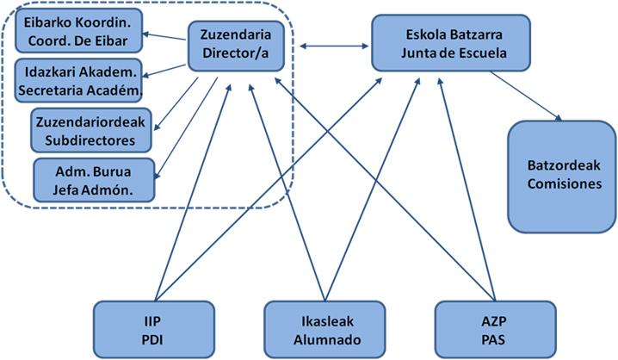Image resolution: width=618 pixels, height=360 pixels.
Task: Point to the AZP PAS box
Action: coord(481,329)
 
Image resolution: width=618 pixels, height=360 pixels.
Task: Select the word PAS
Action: coord(481,337)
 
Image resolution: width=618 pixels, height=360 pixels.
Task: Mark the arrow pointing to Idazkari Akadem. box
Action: coord(168,71)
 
